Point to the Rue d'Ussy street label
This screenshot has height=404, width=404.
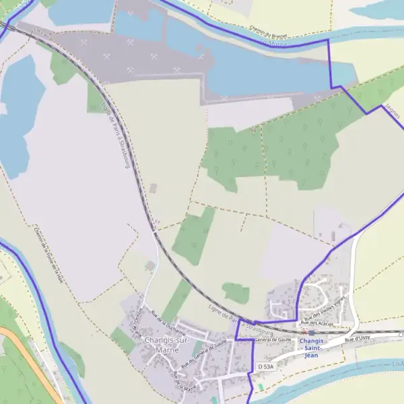pyautogui.click(x=358, y=339)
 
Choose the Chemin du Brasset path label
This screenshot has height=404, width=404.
pyautogui.click(x=268, y=31)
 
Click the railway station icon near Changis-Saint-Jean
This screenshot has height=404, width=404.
pyautogui.click(x=311, y=333)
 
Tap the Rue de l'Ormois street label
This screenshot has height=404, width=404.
pyautogui.click(x=138, y=316)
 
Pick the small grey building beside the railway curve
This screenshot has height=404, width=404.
pyautogui.click(x=154, y=188)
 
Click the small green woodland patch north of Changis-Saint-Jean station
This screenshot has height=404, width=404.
pyautogui.click(x=236, y=292)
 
